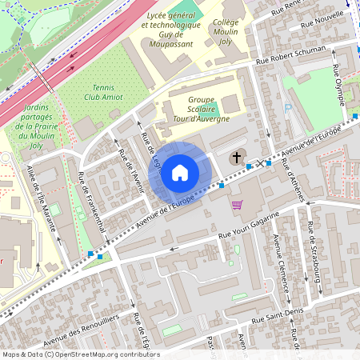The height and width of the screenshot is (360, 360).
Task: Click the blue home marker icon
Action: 180,172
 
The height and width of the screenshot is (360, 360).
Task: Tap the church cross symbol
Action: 237,158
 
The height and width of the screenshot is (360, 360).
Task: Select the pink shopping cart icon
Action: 237,205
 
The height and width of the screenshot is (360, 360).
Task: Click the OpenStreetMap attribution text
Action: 80,354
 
